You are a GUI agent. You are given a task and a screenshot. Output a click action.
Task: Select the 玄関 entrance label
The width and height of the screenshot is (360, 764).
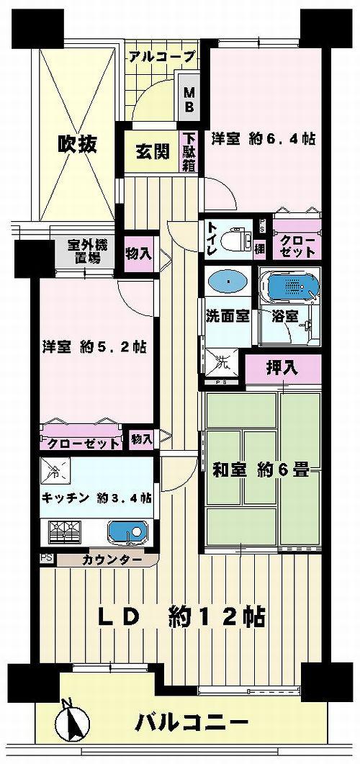tap(152, 151)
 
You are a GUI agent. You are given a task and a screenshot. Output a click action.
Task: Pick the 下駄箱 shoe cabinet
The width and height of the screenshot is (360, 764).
tap(189, 151)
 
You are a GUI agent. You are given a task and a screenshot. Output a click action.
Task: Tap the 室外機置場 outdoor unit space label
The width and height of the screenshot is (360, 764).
tap(84, 254)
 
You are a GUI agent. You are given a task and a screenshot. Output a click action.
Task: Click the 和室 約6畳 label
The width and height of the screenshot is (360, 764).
tap(260, 472)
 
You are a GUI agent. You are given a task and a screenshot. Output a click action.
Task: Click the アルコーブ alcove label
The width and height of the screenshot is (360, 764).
tap(163, 55)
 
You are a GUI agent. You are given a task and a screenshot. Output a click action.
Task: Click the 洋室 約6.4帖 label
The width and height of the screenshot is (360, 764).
tap(263, 138)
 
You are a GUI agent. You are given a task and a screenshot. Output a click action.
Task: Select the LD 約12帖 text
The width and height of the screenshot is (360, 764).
tap(181, 616)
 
